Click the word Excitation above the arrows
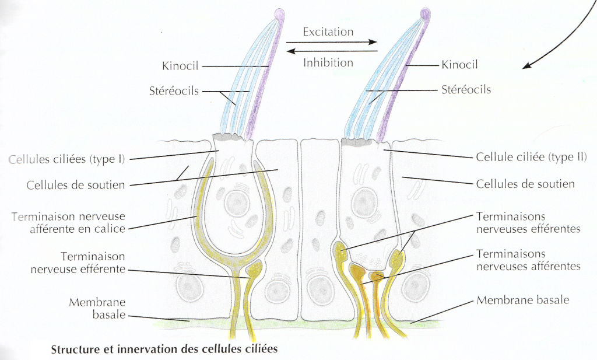click(x=328, y=32)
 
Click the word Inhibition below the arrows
click(x=328, y=62)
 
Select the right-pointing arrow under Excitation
click(x=332, y=43)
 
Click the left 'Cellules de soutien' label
click(x=75, y=185)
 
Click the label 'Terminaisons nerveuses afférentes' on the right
click(x=528, y=260)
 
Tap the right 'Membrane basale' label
click(x=522, y=300)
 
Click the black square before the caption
click(x=39, y=349)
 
